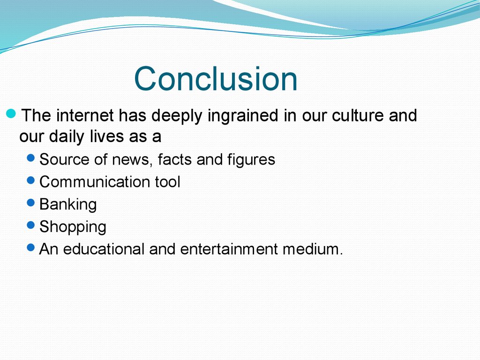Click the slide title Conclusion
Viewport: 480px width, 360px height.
coord(216,79)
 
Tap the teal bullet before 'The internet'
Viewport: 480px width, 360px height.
coord(11,114)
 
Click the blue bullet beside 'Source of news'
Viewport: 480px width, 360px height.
coord(31,157)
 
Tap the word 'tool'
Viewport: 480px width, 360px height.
coord(167,182)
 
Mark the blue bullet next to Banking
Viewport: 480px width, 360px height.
coord(31,202)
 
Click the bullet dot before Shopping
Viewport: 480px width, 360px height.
coord(31,225)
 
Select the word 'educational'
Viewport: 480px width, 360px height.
coord(104,249)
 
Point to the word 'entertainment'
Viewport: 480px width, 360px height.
coord(229,249)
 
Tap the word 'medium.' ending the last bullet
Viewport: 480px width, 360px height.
coord(313,249)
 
